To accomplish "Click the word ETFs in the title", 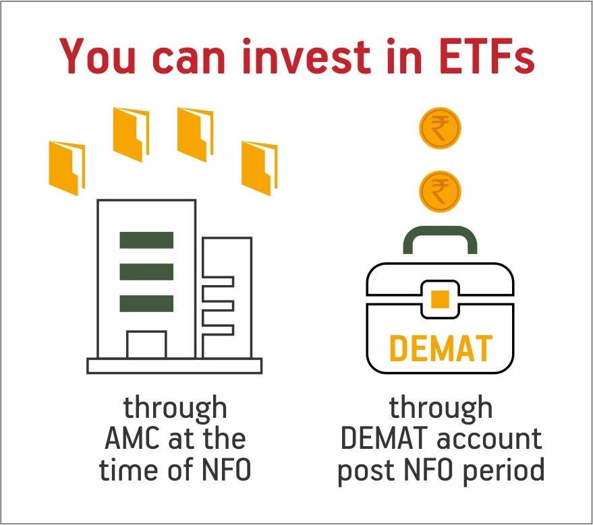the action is [486, 56].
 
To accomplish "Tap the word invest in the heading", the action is [306, 56].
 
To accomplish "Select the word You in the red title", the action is [97, 56].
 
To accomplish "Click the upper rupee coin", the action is [440, 128].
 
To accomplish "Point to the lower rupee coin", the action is [440, 191].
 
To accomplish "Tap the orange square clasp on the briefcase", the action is [440, 299].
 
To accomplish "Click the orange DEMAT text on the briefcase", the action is [441, 348].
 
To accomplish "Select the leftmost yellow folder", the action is [67, 168].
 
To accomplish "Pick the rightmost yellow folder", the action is [260, 168].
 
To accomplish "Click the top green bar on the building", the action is [146, 240].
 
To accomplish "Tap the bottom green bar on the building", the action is [146, 304].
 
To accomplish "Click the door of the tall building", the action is [146, 344].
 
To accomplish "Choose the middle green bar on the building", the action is [146, 272].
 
